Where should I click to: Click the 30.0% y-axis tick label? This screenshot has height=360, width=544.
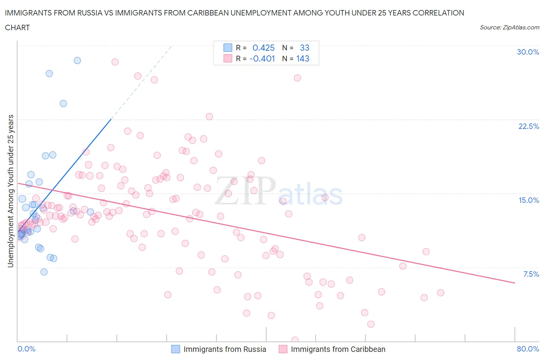click(528, 52)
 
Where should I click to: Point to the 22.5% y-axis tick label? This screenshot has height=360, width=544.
click(529, 126)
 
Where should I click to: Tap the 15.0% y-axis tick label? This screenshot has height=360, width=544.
click(529, 200)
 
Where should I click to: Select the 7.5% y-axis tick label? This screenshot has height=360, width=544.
click(531, 274)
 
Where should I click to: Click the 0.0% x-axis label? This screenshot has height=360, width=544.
click(26, 349)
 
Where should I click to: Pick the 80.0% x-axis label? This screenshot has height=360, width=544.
click(528, 349)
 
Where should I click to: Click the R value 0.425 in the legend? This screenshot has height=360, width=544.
click(263, 48)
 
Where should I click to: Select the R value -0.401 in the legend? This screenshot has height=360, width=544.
click(262, 58)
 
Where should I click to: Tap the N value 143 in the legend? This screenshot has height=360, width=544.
click(303, 58)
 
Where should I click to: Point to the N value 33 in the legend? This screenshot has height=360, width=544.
click(305, 48)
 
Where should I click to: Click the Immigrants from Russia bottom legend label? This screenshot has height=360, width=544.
click(225, 349)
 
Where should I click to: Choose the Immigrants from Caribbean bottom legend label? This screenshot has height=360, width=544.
click(338, 349)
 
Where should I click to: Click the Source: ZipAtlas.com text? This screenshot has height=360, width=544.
click(509, 27)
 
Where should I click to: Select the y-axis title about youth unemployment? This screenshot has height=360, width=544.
click(11, 191)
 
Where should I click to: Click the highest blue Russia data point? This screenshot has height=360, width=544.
click(77, 60)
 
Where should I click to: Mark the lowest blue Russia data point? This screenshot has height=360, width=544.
click(44, 272)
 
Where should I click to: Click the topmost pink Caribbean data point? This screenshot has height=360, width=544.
click(115, 62)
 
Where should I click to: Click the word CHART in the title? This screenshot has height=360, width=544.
click(17, 27)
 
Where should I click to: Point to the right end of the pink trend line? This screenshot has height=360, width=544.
click(515, 283)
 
